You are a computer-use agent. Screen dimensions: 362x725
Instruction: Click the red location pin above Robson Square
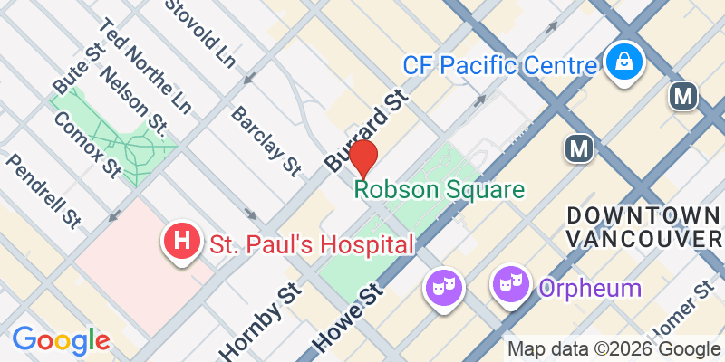[363, 158]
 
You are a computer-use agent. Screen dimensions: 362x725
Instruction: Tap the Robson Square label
[440, 190]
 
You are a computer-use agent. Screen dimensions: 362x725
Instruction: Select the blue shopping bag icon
[625, 62]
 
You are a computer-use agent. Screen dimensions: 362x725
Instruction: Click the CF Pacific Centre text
[501, 65]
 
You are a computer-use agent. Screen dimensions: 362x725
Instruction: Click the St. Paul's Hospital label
[312, 243]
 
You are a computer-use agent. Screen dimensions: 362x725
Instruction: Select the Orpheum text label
[590, 289]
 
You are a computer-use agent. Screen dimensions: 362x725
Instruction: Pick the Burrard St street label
[362, 130]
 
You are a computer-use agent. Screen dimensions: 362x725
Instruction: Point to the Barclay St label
[266, 139]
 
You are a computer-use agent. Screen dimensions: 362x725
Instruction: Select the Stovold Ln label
[200, 33]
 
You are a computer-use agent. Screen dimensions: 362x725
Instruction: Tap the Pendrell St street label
[44, 190]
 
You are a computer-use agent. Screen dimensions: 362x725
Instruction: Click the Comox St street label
[87, 143]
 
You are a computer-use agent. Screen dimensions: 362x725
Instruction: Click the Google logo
[61, 339]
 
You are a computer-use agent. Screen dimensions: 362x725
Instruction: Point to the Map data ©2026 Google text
[614, 349]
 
